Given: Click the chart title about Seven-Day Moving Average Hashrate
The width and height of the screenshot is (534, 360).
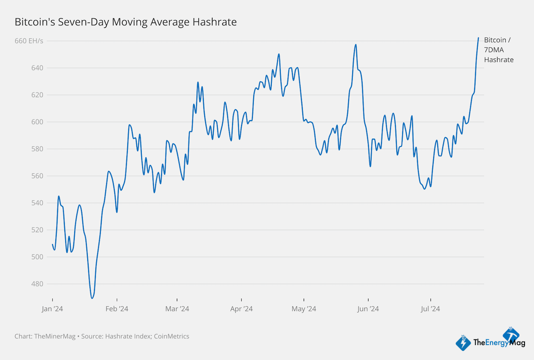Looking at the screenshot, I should [126, 22].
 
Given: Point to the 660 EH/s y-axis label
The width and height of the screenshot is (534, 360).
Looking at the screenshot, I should [29, 41].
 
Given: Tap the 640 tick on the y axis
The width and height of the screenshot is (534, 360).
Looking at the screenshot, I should [37, 68].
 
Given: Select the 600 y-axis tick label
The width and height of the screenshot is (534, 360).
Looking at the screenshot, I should [37, 122].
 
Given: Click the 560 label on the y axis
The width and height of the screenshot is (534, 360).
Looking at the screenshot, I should [37, 176].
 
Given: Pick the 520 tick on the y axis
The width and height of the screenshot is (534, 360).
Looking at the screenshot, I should [37, 230].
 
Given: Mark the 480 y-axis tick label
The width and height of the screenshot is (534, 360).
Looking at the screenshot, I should [37, 284].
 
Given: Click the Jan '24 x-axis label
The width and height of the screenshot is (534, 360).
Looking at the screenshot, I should [52, 309].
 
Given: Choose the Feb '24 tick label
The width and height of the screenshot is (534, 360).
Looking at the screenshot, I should [117, 309].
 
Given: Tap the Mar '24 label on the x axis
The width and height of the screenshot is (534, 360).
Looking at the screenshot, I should [177, 309].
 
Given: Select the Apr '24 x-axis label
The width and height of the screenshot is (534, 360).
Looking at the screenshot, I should [242, 309].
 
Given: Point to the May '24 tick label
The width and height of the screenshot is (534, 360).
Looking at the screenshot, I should [304, 309].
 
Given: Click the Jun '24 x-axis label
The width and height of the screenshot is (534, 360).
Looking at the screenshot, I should [368, 309].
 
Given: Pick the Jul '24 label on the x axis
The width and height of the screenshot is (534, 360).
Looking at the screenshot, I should [431, 309].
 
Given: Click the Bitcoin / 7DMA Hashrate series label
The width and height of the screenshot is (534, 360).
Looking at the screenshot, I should [498, 49].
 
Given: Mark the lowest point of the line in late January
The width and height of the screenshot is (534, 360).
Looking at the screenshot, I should [92, 298].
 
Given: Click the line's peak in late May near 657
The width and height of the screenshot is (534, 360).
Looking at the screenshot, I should [356, 45].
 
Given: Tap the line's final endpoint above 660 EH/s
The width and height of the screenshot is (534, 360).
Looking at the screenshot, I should [478, 38].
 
